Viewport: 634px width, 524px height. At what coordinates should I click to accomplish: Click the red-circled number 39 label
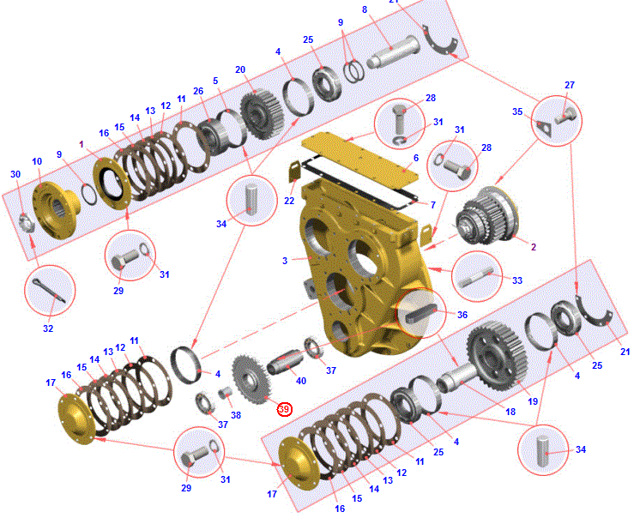tap(284, 409)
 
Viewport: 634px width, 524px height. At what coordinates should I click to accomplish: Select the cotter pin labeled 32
tap(49, 291)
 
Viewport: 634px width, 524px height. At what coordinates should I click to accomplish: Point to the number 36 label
tap(462, 315)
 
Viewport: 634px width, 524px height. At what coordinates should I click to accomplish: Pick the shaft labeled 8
tap(393, 51)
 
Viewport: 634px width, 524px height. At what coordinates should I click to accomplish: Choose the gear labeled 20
tap(262, 114)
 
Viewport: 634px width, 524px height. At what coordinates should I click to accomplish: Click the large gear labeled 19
tap(497, 356)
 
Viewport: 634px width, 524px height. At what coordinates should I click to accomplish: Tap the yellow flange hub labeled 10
tap(56, 209)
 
